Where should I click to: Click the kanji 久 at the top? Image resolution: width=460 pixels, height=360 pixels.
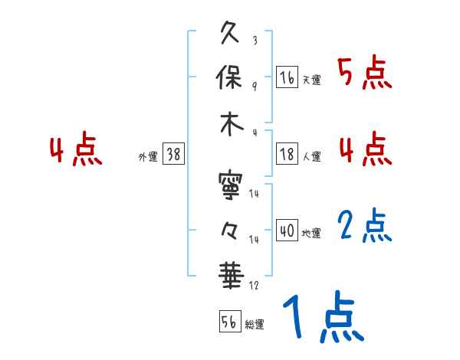click(231, 34)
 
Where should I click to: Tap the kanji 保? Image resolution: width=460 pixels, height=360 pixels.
click(231, 78)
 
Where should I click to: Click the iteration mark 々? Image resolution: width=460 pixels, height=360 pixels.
click(231, 230)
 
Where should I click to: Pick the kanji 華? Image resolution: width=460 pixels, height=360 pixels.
click(231, 273)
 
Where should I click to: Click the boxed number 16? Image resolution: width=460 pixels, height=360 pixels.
click(287, 77)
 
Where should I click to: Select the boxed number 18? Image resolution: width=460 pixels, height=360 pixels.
click(287, 153)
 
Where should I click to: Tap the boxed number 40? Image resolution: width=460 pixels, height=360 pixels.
click(287, 231)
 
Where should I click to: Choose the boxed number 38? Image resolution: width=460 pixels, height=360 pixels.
click(174, 154)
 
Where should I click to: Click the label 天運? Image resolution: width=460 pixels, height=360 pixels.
click(311, 80)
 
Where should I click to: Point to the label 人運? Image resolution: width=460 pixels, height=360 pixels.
click(311, 156)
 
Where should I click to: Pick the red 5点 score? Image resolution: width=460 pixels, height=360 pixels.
click(364, 73)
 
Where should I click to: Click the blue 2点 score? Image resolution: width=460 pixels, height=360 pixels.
click(364, 227)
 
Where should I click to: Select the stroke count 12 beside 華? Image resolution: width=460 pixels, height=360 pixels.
click(254, 285)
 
